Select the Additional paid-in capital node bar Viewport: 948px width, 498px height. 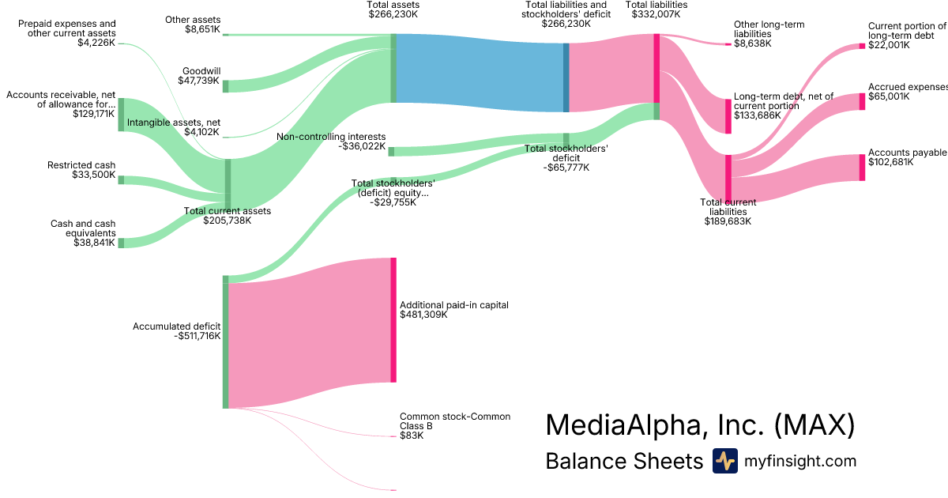tap(393, 319)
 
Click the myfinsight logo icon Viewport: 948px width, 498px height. tap(724, 461)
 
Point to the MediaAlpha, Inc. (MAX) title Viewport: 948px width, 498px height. tap(700, 425)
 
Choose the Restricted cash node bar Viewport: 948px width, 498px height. tap(121, 179)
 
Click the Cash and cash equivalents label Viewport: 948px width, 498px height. tap(83, 228)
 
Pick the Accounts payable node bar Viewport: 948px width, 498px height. tap(862, 168)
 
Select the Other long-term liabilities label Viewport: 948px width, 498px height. tap(769, 29)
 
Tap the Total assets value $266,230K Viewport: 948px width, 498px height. tap(393, 14)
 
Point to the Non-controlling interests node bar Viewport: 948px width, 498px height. tap(391, 151)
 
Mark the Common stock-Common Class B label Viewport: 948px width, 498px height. tap(454, 421)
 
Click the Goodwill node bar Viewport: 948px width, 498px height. tap(225, 86)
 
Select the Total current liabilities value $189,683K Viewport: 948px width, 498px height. tap(728, 221)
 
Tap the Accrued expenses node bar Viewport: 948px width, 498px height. tap(862, 101)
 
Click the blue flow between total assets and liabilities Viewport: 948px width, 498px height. tap(479, 73)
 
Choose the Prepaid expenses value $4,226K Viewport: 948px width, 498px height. tap(96, 43)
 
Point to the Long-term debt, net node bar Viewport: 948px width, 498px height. tap(728, 116)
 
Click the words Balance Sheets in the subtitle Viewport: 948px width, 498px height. tap(624, 461)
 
